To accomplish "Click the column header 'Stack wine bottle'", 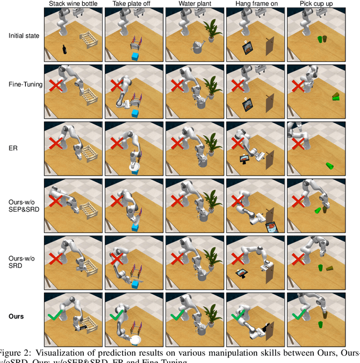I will pos(73,4).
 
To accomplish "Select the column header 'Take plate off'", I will pos(134,4).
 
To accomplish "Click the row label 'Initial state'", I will pos(24,36).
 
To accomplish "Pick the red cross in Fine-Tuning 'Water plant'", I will pos(177,86).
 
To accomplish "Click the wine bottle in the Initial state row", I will pos(65,49).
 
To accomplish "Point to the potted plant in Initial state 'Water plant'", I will pos(212,31).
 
